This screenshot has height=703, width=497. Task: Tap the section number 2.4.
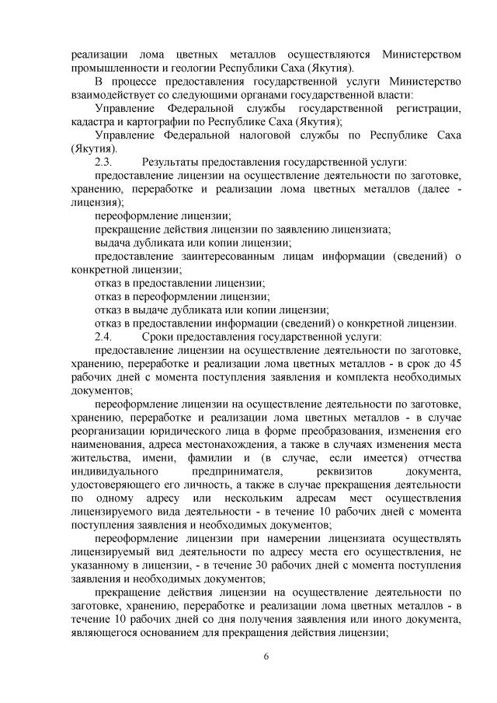[x=103, y=337]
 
